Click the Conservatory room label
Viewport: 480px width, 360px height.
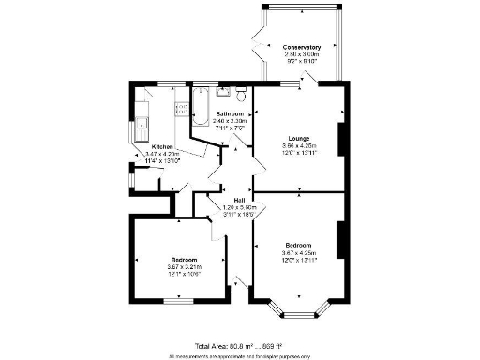pyautogui.click(x=302, y=47)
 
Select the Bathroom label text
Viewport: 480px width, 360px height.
pyautogui.click(x=230, y=113)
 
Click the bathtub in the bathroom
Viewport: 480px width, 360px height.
pyautogui.click(x=202, y=106)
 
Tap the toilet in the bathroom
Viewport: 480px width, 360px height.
pyautogui.click(x=243, y=94)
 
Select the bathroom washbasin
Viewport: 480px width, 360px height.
pyautogui.click(x=223, y=92)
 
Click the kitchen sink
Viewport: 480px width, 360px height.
pyautogui.click(x=142, y=122)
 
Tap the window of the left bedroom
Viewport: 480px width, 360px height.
pyautogui.click(x=178, y=300)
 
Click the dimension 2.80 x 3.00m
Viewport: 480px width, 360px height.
pyautogui.click(x=302, y=54)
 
